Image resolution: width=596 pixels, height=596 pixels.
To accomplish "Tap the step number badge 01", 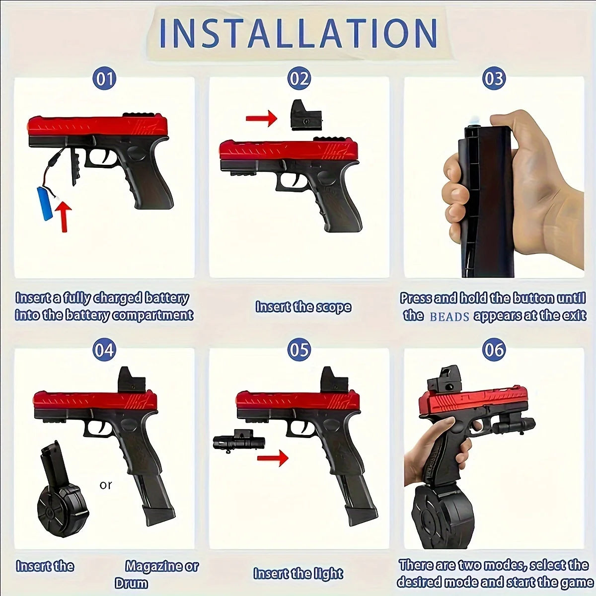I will click(104, 79).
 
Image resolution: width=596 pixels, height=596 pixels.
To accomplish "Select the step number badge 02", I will click(299, 79).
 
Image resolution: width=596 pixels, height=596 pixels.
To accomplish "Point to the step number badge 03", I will click(494, 79).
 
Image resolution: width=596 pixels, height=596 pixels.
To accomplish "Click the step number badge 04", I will click(104, 350).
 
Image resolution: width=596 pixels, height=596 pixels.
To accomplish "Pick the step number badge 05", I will click(299, 350).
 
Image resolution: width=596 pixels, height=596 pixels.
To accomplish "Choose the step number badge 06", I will click(494, 350).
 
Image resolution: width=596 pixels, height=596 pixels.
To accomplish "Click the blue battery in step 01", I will click(45, 203).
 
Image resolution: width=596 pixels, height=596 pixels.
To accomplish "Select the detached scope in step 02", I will click(305, 115).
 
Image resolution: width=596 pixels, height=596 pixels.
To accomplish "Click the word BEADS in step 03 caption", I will click(449, 316).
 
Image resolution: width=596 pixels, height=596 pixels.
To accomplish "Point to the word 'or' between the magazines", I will click(106, 485).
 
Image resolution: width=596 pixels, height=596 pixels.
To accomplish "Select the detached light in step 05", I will click(238, 441).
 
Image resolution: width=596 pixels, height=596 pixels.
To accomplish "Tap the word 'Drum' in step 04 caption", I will click(131, 583).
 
